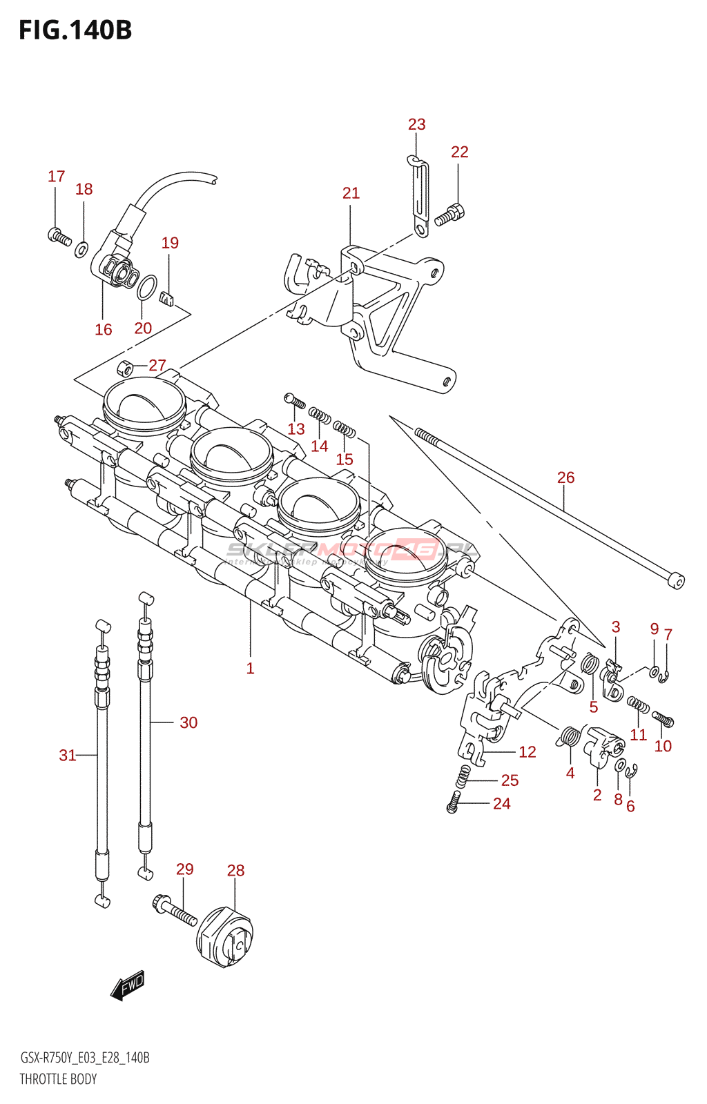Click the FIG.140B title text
pyautogui.click(x=75, y=31)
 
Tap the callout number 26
pyautogui.click(x=565, y=477)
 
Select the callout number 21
pyautogui.click(x=351, y=193)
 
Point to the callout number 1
pyautogui.click(x=250, y=668)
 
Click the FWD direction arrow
pyautogui.click(x=128, y=986)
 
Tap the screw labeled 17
pyautogui.click(x=59, y=237)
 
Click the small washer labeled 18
pyautogui.click(x=81, y=249)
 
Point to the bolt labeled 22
pyautogui.click(x=450, y=215)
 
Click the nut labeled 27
pyautogui.click(x=125, y=367)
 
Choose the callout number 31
pyautogui.click(x=67, y=756)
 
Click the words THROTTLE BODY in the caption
pyautogui.click(x=58, y=1079)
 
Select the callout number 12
pyautogui.click(x=527, y=752)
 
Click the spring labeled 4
pyautogui.click(x=569, y=737)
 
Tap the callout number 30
pyautogui.click(x=188, y=722)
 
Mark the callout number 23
pyautogui.click(x=416, y=125)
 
